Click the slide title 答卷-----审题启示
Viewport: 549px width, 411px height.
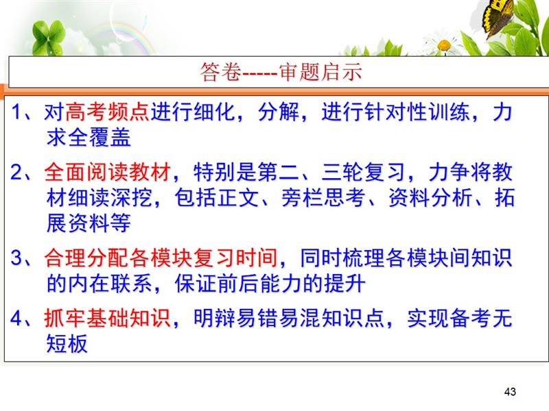tap(281, 72)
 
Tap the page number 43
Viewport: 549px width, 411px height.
tap(510, 391)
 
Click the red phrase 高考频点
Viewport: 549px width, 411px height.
tap(108, 112)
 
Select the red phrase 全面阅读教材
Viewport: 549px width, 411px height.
tap(108, 172)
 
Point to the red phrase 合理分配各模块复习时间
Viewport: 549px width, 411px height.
tap(161, 258)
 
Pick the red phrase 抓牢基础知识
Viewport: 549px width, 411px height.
tap(108, 318)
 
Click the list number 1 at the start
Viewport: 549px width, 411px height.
tap(16, 112)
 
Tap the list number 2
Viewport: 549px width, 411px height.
tap(16, 173)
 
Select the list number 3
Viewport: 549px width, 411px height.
tap(16, 258)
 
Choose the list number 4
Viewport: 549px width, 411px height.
tap(16, 319)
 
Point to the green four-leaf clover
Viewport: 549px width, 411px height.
tap(48, 38)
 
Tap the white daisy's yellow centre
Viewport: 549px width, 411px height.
tap(444, 45)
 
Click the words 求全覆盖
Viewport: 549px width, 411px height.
tap(89, 137)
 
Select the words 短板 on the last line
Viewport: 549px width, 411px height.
tap(67, 343)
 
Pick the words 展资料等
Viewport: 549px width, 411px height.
tap(89, 223)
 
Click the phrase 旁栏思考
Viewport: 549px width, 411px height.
tap(323, 197)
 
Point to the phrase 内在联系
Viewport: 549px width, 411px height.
tap(110, 284)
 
